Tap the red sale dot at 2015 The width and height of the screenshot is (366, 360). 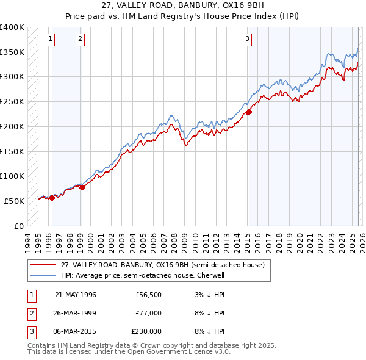(249, 112)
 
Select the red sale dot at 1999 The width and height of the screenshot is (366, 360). (82, 187)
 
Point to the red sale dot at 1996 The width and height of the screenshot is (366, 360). (52, 197)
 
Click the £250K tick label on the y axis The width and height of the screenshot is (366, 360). (12, 101)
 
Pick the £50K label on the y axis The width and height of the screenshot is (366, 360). (15, 201)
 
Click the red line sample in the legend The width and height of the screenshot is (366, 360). (43, 265)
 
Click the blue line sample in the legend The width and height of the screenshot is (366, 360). (43, 275)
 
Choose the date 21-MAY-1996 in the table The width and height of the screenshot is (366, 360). (76, 295)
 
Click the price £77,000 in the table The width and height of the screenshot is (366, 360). (148, 313)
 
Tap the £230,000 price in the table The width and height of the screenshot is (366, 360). (146, 331)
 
